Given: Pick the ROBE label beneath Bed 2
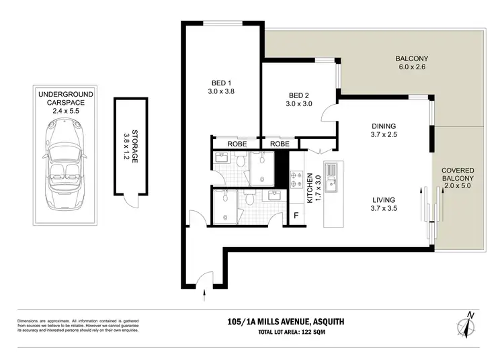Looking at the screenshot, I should pyautogui.click(x=280, y=144).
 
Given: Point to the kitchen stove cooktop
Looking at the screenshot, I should pyautogui.click(x=295, y=178).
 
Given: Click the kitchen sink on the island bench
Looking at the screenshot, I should pyautogui.click(x=331, y=178).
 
